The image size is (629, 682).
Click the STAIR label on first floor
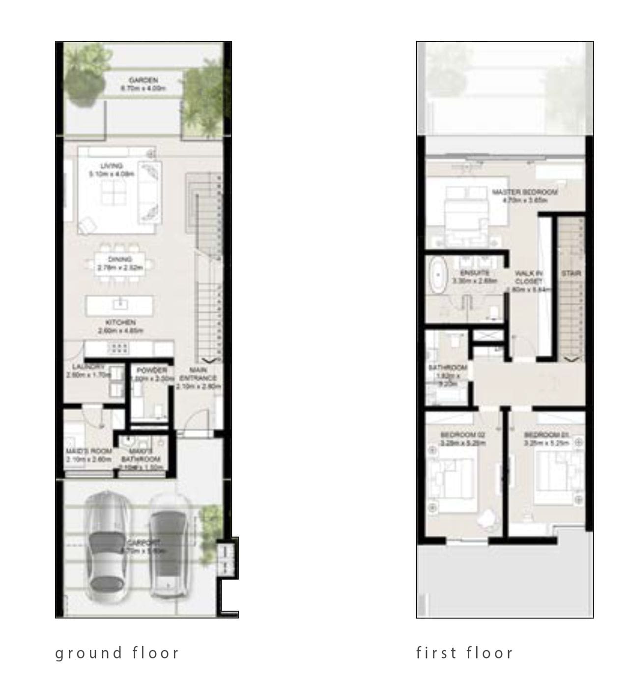(x=571, y=273)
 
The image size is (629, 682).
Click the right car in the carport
(x=170, y=545)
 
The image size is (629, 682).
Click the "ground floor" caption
(x=117, y=653)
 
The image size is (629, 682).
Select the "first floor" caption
(x=464, y=653)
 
